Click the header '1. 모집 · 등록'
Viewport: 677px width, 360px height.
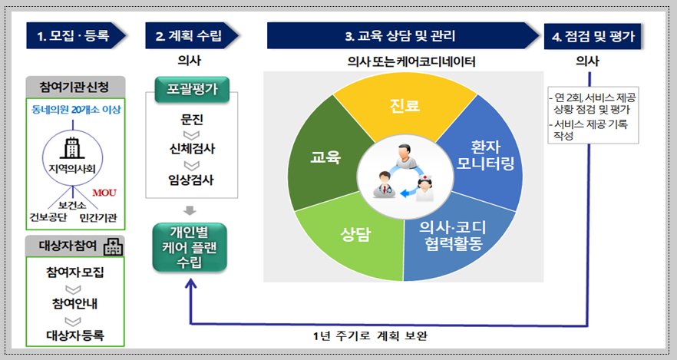pyautogui.click(x=73, y=35)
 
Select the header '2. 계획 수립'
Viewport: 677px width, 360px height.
pyautogui.click(x=189, y=35)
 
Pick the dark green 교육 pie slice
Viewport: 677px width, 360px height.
pyautogui.click(x=325, y=157)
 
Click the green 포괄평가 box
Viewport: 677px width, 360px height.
pyautogui.click(x=189, y=88)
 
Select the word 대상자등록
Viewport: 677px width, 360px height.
pyautogui.click(x=74, y=335)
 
